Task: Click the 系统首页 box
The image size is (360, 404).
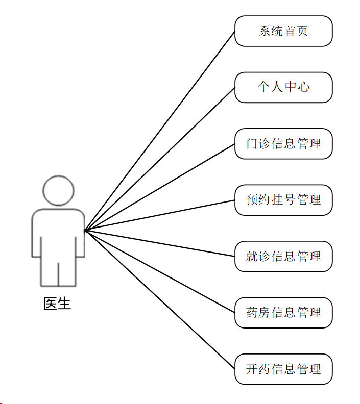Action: (x=283, y=31)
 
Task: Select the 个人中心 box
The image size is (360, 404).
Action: (x=283, y=87)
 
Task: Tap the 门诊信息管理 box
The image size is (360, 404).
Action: (x=283, y=143)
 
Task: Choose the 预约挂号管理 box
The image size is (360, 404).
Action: (x=283, y=199)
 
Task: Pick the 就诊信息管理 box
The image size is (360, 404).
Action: (x=283, y=256)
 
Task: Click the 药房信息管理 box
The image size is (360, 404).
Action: (x=283, y=312)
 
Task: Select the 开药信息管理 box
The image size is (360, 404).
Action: (x=283, y=369)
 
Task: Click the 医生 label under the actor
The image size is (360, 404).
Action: (x=57, y=304)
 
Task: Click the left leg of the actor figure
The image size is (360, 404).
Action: (x=50, y=273)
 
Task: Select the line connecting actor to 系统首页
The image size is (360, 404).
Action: (x=160, y=131)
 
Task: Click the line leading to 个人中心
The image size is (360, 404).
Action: (x=160, y=159)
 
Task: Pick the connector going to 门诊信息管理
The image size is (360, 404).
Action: (x=160, y=187)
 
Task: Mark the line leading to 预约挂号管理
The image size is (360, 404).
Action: (x=160, y=215)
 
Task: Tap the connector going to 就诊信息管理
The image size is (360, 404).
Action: (x=160, y=243)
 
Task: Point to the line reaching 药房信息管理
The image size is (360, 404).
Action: (x=160, y=271)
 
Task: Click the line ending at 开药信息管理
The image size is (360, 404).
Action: (x=160, y=299)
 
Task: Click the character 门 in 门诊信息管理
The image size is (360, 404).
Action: (x=251, y=144)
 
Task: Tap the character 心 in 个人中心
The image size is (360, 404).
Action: (x=304, y=87)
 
